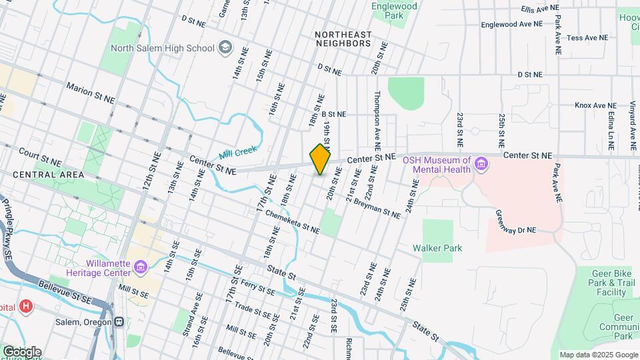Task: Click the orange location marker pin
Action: [x=320, y=159]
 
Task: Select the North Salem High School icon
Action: [x=225, y=47]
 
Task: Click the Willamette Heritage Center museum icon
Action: [x=140, y=268]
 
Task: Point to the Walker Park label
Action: [x=437, y=248]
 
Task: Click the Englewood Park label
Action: [x=394, y=11]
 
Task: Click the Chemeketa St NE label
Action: [x=291, y=221]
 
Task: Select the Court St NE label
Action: [x=40, y=157]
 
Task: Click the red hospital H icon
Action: [x=26, y=307]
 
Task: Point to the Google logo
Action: [x=21, y=351]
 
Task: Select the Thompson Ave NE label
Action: [x=377, y=120]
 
